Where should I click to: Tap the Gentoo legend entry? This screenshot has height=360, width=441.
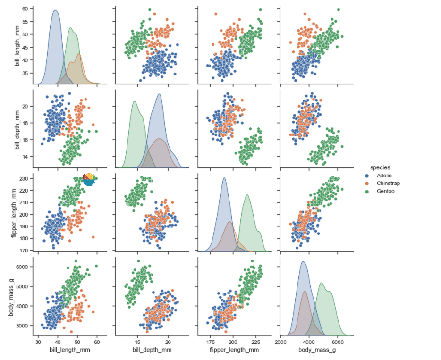click(x=385, y=191)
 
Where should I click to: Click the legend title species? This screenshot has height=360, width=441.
click(x=380, y=167)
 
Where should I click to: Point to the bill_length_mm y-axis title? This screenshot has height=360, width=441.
click(x=18, y=46)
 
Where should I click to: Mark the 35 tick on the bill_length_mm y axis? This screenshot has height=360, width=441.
click(x=25, y=73)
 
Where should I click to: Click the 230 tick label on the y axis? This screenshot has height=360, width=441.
click(x=23, y=179)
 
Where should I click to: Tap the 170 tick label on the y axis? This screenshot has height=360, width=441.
click(x=23, y=250)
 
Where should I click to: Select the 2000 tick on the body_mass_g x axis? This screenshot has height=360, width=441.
click(x=281, y=342)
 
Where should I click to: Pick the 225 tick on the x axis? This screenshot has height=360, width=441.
click(x=256, y=342)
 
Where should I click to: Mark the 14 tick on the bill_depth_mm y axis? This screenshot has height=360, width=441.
click(x=25, y=157)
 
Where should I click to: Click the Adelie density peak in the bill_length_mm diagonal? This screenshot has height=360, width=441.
click(x=55, y=10)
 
